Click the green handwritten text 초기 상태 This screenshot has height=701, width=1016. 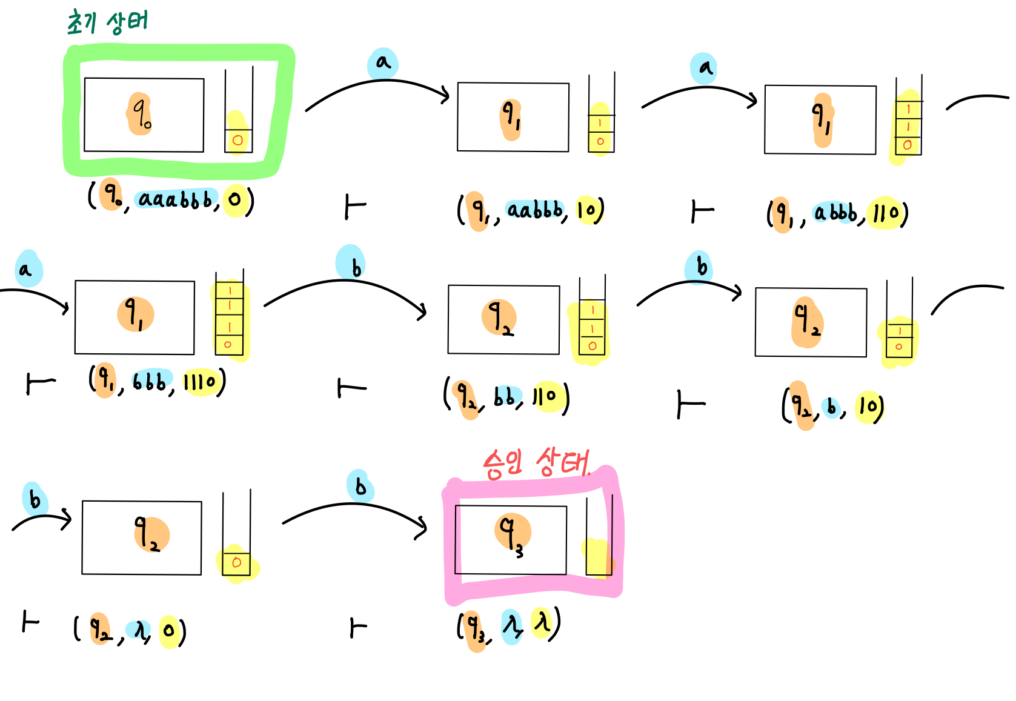(107, 22)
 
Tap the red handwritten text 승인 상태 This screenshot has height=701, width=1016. (536, 464)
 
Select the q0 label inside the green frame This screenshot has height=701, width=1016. (141, 114)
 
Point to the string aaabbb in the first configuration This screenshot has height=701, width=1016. (176, 199)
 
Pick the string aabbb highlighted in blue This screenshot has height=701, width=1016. (535, 210)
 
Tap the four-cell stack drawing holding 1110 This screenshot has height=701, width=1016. (230, 318)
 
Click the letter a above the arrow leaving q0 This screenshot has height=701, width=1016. (383, 62)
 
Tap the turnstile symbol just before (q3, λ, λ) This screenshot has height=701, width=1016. (358, 628)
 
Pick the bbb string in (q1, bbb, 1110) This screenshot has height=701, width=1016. (150, 382)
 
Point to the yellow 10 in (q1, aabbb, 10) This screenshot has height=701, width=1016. (587, 210)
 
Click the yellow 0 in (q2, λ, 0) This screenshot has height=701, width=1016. (169, 631)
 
